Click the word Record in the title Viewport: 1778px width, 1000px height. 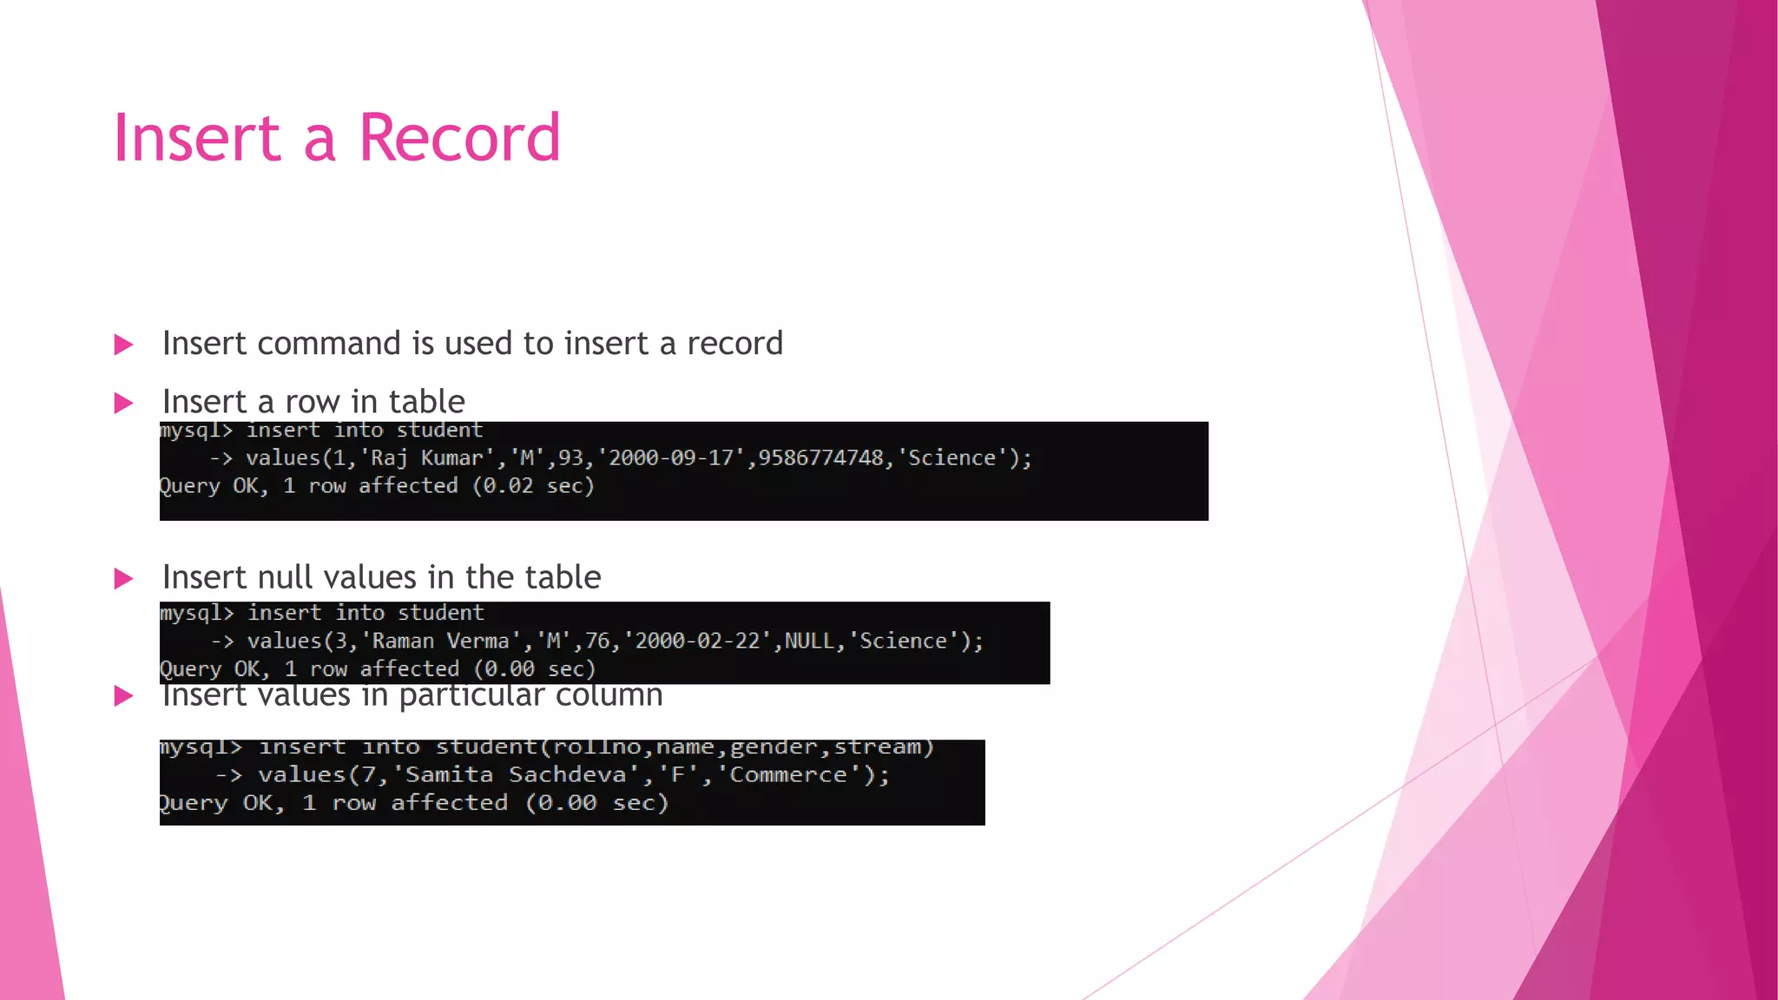coord(459,138)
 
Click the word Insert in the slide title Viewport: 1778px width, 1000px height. coord(197,138)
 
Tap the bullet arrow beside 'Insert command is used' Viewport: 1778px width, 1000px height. coord(124,345)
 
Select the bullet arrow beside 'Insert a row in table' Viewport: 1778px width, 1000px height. coord(124,403)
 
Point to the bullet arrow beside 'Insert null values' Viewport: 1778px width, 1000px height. coord(124,578)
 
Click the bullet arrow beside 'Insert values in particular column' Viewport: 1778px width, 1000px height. coord(124,695)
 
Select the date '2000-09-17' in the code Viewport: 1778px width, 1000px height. coord(671,458)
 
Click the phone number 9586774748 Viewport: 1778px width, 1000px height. coord(820,458)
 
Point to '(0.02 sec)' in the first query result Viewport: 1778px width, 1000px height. coord(533,486)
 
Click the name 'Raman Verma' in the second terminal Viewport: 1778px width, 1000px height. coord(441,641)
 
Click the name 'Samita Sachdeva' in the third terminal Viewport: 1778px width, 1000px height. coord(516,775)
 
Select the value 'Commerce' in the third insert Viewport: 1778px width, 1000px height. coord(787,775)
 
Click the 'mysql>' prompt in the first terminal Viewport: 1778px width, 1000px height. coord(196,431)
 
